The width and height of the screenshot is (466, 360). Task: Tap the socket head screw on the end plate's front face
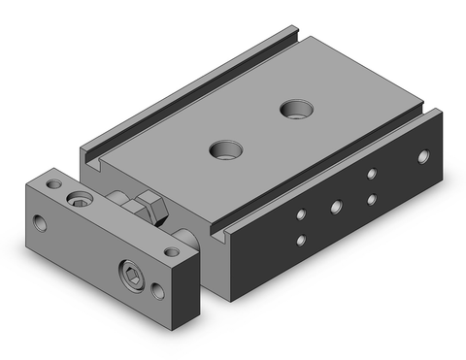click(x=131, y=271)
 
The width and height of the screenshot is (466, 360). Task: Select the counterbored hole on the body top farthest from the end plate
click(x=291, y=108)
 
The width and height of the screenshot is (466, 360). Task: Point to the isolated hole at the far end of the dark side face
click(x=422, y=155)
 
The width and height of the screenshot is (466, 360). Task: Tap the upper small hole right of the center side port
click(x=371, y=175)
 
